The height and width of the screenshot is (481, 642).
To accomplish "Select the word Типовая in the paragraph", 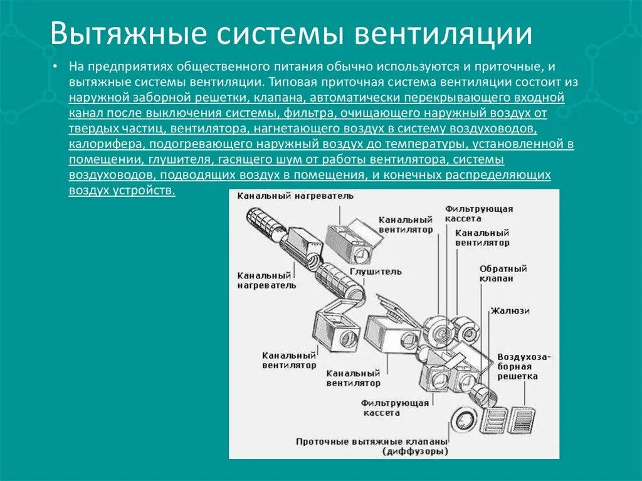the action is [292, 82].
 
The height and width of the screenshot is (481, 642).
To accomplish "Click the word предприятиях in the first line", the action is [130, 66].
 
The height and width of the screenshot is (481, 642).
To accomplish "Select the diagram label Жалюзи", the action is [510, 310].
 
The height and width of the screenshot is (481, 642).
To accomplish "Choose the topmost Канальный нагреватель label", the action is [295, 196].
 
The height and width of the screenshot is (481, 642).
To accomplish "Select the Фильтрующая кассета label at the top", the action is [478, 213].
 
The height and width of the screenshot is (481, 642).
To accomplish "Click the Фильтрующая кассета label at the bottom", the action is [394, 408].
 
